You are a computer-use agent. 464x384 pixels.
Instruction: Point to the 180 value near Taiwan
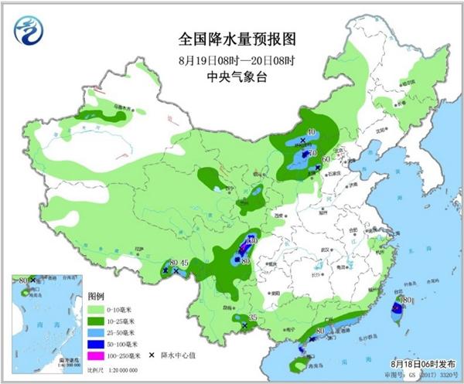coord(404,299)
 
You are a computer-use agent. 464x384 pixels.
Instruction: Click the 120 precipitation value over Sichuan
coord(250,241)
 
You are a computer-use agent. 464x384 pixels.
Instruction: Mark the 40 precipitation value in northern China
coord(311,132)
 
